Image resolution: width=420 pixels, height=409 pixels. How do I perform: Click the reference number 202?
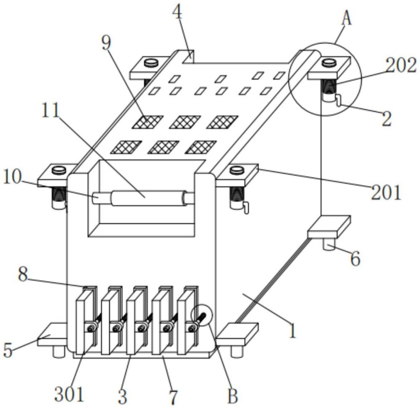pyautogui.click(x=401, y=66)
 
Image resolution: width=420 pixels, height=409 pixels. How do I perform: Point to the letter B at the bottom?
pyautogui.click(x=233, y=396)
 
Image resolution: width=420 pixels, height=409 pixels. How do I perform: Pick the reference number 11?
pyautogui.click(x=51, y=110)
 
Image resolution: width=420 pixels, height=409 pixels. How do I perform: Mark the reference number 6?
pyautogui.click(x=355, y=259)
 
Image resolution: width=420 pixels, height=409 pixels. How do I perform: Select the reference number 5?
pyautogui.click(x=8, y=350)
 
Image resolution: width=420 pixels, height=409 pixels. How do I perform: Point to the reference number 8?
pyautogui.click(x=23, y=275)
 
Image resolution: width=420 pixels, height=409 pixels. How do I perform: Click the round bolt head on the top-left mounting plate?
pyautogui.click(x=151, y=64)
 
